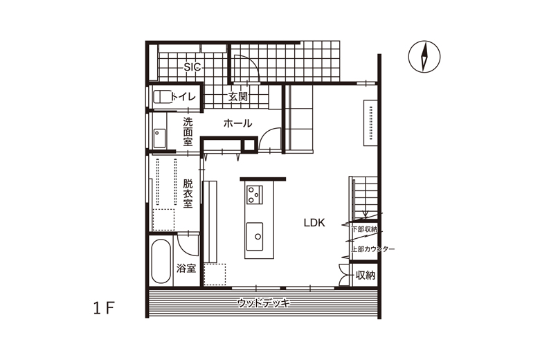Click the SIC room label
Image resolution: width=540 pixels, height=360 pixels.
[192, 67]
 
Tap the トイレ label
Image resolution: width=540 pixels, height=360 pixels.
[183, 97]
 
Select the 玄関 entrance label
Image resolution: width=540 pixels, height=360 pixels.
[238, 97]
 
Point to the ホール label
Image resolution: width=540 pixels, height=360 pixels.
[238, 123]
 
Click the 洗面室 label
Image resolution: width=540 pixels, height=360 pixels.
[188, 132]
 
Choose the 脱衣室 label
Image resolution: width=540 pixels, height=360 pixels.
[188, 193]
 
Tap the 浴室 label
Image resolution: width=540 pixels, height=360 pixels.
[186, 269]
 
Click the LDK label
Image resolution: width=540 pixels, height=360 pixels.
[314, 223]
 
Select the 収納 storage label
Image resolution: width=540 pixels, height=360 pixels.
[366, 276]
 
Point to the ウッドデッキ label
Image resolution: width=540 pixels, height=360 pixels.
[264, 303]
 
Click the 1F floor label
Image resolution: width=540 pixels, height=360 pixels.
[104, 308]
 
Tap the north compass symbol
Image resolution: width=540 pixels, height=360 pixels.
[424, 57]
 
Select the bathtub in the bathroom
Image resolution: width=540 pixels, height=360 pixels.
[161, 262]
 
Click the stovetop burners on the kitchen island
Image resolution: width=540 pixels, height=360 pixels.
[255, 195]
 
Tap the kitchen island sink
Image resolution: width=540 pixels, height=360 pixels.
[255, 237]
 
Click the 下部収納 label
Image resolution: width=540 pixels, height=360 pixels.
[365, 229]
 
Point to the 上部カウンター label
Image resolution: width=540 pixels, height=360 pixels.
[373, 249]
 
